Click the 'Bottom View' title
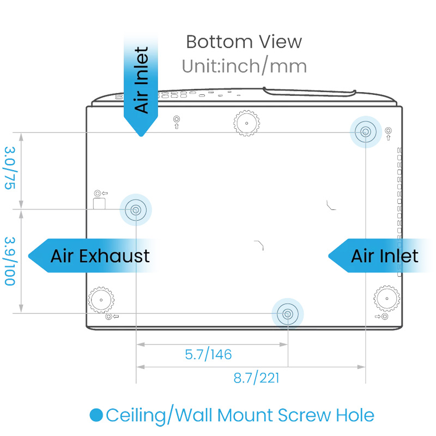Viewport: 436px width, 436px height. point(244,41)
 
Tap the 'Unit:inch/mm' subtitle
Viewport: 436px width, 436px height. point(244,66)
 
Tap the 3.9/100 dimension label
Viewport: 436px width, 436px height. point(10,261)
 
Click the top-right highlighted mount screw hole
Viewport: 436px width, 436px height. point(365,131)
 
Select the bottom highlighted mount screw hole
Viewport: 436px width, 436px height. point(287,313)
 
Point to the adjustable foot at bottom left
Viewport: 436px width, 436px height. point(101,299)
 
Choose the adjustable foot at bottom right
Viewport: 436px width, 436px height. point(386,299)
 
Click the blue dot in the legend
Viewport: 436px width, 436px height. point(96,416)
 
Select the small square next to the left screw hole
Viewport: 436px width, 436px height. point(99,203)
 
